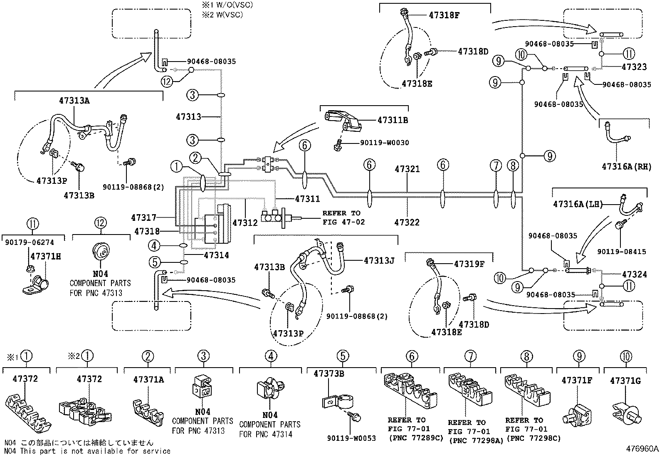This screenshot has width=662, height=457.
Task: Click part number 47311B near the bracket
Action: coord(392,120)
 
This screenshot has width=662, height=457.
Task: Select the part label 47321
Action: coord(407,169)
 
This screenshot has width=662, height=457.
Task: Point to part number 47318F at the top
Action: coord(444,15)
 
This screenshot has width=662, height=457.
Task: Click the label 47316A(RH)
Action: coord(626,167)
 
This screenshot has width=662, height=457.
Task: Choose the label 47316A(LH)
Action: coord(578,204)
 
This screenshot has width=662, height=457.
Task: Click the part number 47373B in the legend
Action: coord(329,373)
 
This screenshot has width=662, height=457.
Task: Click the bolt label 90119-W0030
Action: coord(384,143)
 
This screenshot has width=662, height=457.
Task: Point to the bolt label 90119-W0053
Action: coord(351,438)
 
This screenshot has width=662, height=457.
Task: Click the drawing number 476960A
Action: coord(643,449)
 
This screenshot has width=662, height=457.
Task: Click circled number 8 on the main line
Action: coord(513,166)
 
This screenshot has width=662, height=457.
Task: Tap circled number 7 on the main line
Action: coord(496,166)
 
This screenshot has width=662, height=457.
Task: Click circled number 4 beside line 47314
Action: coord(155,246)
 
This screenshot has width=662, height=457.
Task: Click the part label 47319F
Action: coord(469,264)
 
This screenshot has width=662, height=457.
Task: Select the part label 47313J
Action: coord(379,261)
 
